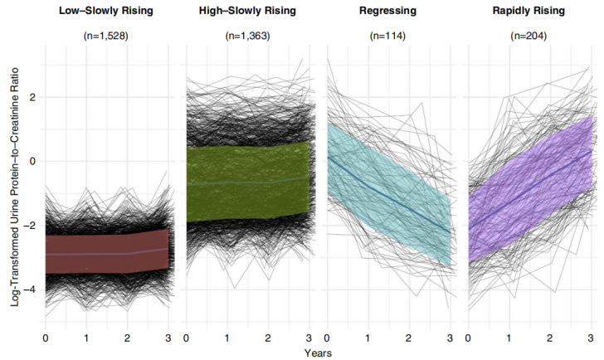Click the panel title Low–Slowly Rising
(x=107, y=12)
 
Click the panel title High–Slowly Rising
(x=247, y=12)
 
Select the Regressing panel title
(x=389, y=12)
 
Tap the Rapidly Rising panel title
(x=529, y=12)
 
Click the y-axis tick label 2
(x=33, y=97)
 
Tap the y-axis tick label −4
(x=31, y=289)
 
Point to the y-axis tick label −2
(x=31, y=226)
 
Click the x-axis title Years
(x=319, y=352)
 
